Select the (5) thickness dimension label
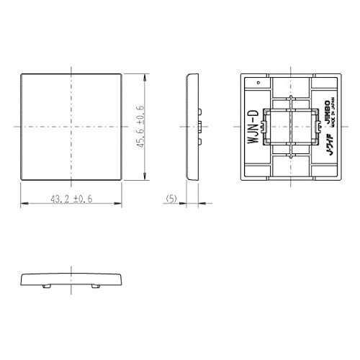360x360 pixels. (x=171, y=198)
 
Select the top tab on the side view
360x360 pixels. (x=199, y=109)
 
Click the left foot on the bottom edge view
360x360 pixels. (x=47, y=286)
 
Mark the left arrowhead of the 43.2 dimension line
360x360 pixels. (x=22, y=204)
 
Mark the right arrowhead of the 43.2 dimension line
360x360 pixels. (x=120, y=204)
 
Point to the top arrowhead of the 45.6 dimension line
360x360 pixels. (x=147, y=75)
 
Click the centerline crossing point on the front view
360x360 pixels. (x=71, y=127)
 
